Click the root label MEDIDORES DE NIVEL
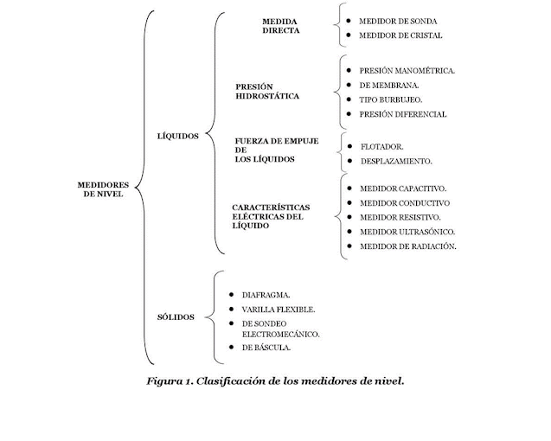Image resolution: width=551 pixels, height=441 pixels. (103, 189)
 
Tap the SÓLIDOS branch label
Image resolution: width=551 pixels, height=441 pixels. (175, 316)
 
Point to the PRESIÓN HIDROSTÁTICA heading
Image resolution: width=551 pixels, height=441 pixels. (267, 91)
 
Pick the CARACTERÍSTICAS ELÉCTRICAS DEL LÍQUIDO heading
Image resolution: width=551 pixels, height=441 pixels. (272, 215)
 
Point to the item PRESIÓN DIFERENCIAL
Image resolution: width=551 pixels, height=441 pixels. (404, 114)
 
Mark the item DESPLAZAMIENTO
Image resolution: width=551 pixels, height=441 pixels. (396, 162)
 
